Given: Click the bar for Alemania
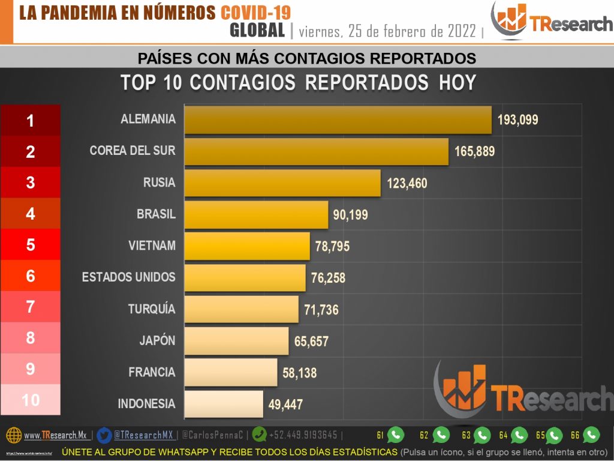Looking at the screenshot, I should point(338,119).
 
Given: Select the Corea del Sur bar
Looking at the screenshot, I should point(316,151).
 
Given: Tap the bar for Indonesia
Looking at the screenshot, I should point(224,403).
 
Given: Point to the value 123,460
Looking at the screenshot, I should point(407,183).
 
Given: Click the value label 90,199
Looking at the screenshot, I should point(350,215).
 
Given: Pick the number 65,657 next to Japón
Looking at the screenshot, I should point(311,342).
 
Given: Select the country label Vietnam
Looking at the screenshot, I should point(152,246).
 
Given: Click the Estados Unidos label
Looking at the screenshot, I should point(128,277).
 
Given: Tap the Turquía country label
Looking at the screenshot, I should point(152,309).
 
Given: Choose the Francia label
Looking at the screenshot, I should point(152,372).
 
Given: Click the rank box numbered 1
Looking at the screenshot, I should point(31,121).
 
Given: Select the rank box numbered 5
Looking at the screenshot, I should point(31,245).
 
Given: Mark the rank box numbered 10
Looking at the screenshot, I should point(31,400).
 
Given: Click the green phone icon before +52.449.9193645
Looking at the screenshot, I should point(260,435).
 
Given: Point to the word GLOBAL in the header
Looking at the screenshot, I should point(257,31).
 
